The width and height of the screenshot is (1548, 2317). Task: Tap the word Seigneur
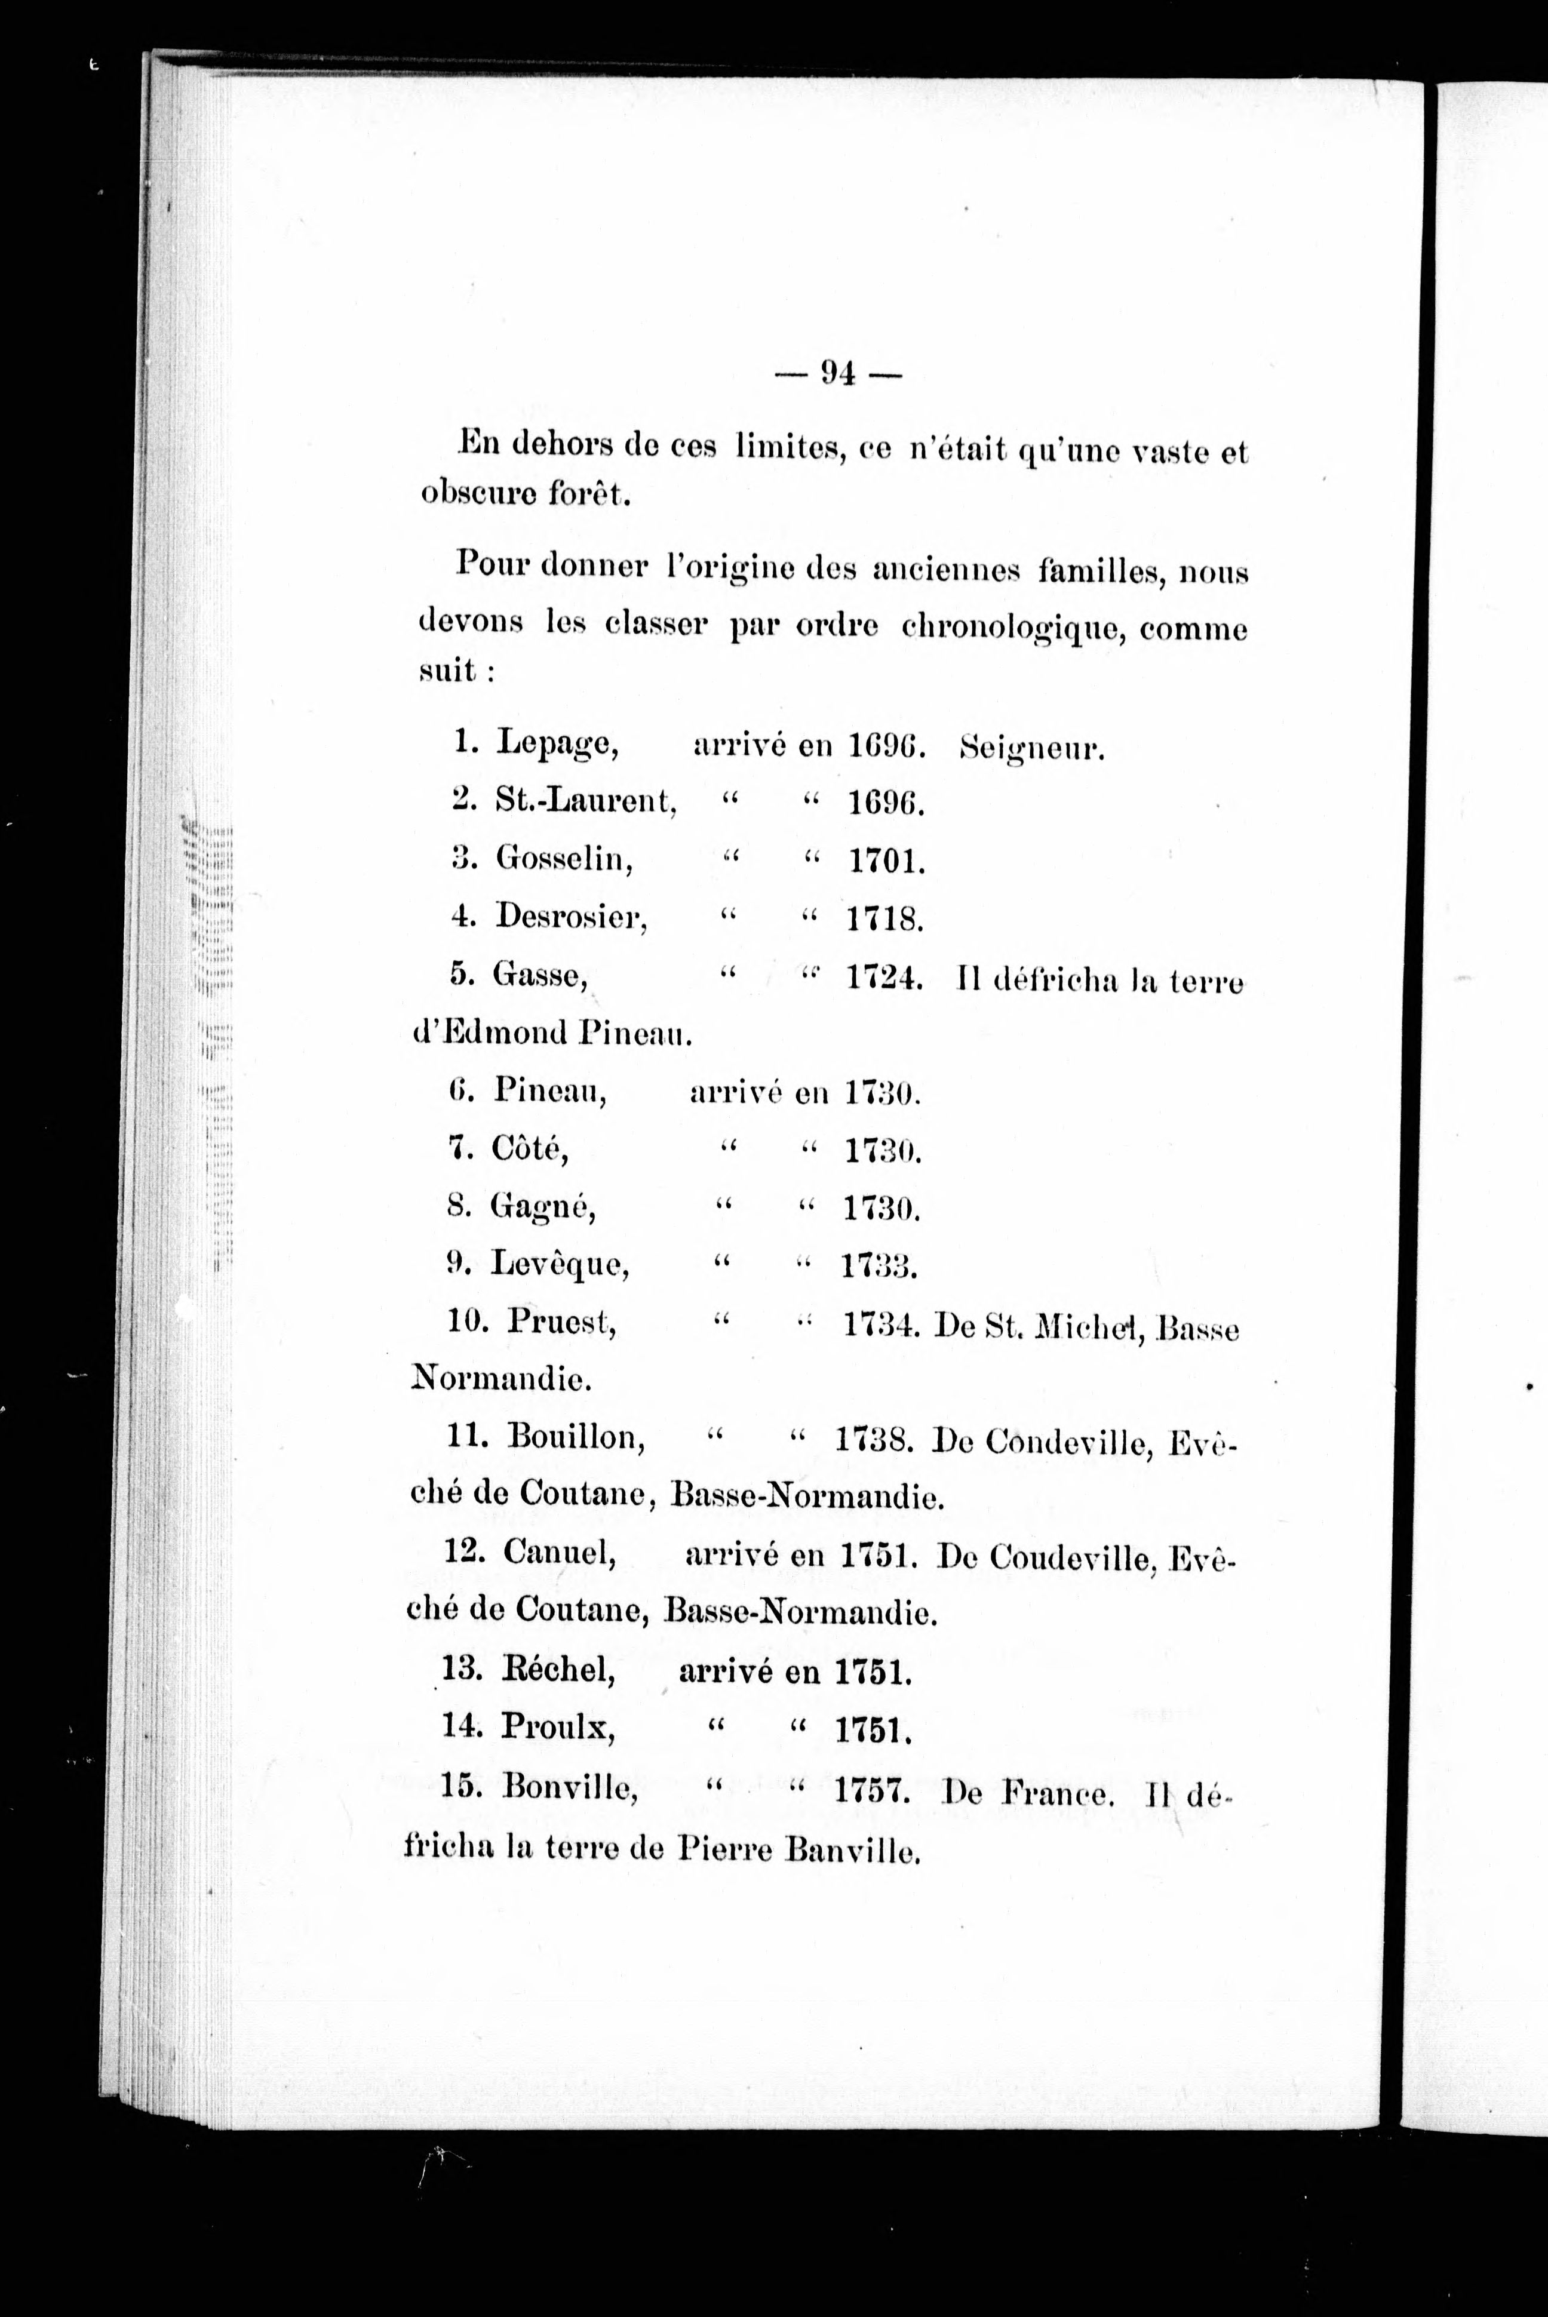tap(1031, 749)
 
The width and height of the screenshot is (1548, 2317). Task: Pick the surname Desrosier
tap(570, 918)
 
